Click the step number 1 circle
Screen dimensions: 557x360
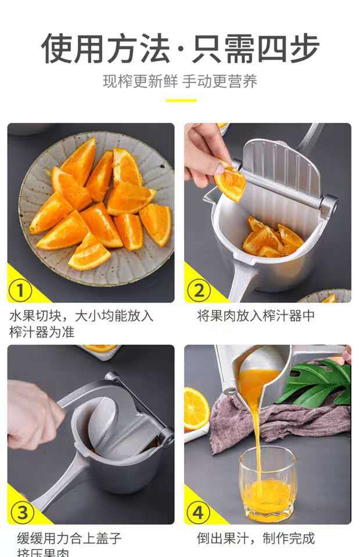pos(21,290)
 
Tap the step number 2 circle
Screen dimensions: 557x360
pos(199,290)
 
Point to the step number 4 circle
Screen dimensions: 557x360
pos(199,512)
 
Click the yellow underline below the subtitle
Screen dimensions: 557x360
pos(181,100)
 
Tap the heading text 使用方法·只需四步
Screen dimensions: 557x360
pos(180,49)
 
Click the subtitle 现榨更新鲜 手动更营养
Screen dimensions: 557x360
pos(180,81)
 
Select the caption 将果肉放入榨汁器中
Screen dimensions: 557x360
pos(255,316)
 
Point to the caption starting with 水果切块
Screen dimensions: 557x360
pos(81,324)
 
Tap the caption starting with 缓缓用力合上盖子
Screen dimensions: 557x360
pos(69,542)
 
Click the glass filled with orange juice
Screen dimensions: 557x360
pos(267,484)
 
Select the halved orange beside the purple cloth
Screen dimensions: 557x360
pos(196,408)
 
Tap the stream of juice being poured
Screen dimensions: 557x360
pos(256,424)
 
